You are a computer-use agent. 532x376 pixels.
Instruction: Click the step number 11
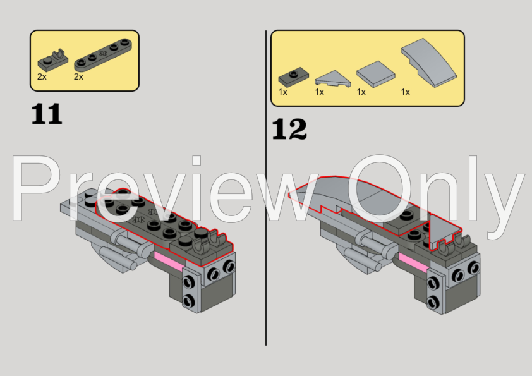click(47, 114)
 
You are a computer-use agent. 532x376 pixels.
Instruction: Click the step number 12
click(289, 129)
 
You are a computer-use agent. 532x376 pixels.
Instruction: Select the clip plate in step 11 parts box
click(53, 60)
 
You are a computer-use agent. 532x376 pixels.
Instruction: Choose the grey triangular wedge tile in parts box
click(332, 78)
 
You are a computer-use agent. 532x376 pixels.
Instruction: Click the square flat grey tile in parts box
click(376, 74)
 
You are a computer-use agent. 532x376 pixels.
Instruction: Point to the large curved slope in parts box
click(429, 62)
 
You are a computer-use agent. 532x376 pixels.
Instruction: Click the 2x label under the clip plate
click(42, 77)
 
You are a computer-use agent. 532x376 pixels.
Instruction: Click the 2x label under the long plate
click(78, 77)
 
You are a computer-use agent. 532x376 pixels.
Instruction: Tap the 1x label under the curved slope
click(406, 92)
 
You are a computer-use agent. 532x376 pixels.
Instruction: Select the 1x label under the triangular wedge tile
click(319, 92)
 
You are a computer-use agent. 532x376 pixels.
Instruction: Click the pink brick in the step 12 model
click(413, 262)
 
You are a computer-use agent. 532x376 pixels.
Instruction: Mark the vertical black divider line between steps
click(266, 188)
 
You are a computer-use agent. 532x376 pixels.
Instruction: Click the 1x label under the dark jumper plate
click(282, 92)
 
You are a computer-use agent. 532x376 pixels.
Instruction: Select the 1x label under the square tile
click(361, 92)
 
